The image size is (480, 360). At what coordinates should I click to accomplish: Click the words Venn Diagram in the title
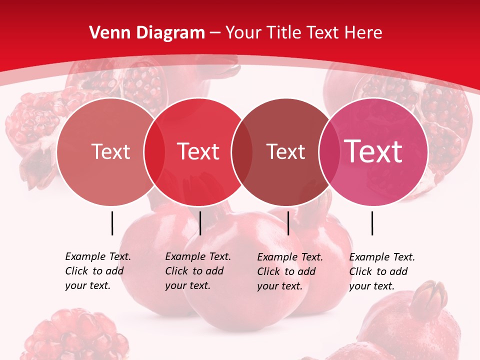pyautogui.click(x=147, y=33)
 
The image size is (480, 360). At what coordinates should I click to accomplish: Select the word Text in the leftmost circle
pyautogui.click(x=110, y=151)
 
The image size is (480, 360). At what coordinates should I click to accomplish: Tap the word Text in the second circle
pyautogui.click(x=198, y=151)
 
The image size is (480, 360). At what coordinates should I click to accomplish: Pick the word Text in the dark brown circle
pyautogui.click(x=285, y=151)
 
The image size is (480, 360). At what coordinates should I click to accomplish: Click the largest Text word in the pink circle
pyautogui.click(x=373, y=151)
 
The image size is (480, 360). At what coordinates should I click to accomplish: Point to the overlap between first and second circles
pyautogui.click(x=154, y=151)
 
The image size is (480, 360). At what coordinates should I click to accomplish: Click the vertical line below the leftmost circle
pyautogui.click(x=112, y=223)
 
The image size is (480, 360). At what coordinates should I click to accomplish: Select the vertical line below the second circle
pyautogui.click(x=200, y=223)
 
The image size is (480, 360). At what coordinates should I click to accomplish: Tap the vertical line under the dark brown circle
pyautogui.click(x=288, y=223)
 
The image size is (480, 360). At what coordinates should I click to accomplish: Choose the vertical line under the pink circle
pyautogui.click(x=372, y=223)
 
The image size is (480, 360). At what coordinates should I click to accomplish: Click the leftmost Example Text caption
pyautogui.click(x=97, y=271)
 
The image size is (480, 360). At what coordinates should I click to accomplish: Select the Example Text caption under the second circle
pyautogui.click(x=197, y=271)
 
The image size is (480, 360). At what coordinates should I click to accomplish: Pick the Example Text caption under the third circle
pyautogui.click(x=289, y=271)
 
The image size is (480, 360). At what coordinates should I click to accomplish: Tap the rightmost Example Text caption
pyautogui.click(x=381, y=271)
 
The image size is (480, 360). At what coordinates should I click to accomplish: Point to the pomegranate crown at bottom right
pyautogui.click(x=433, y=294)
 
